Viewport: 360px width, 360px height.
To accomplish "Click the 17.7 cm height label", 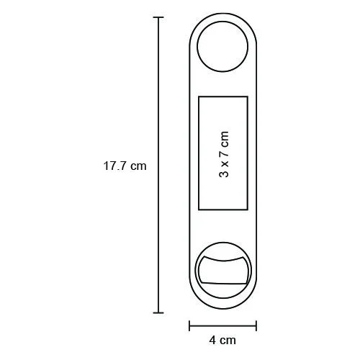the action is (x=125, y=166).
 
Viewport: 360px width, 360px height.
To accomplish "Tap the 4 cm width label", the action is (x=222, y=341).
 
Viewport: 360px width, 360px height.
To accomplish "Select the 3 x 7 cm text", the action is (x=224, y=154).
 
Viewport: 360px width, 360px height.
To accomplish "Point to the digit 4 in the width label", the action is (x=212, y=341).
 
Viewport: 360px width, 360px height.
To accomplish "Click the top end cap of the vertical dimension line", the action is (x=158, y=17).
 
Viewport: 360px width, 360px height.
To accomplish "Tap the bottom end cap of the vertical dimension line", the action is (x=158, y=312).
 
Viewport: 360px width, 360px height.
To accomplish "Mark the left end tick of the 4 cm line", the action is (x=189, y=325).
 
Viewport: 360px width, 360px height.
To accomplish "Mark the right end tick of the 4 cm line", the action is (x=256, y=325).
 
